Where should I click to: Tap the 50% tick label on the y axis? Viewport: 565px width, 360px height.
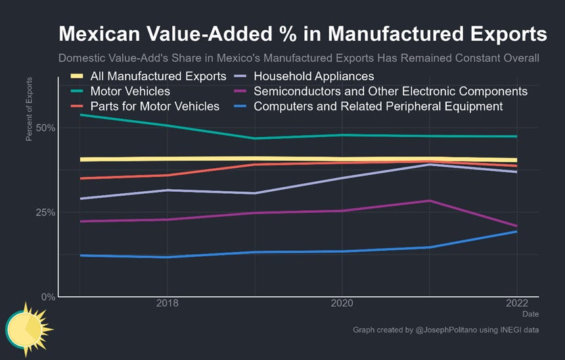pos(45,127)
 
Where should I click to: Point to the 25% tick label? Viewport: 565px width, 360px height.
pos(45,212)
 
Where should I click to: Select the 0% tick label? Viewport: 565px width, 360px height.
pos(47,297)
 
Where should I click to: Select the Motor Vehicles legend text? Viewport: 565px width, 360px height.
pos(131,91)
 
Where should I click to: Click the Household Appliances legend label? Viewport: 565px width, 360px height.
pos(313,76)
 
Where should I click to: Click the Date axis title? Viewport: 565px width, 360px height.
pos(530,315)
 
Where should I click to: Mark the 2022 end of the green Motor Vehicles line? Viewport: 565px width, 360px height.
pos(516,137)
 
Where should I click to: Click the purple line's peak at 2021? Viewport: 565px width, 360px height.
pos(429,201)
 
